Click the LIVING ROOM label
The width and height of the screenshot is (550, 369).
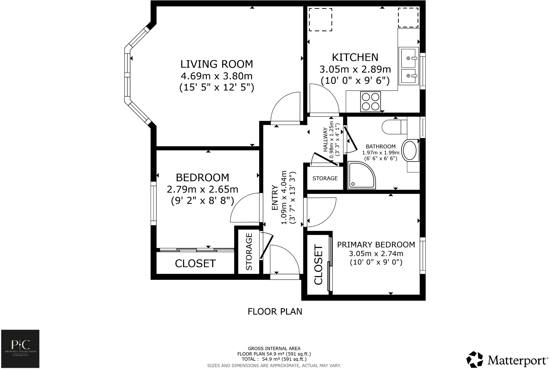[217, 64]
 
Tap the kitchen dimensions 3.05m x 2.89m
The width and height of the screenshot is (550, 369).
[355, 69]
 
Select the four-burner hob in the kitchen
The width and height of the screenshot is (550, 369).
[370, 102]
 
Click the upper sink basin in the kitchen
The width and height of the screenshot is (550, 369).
[408, 58]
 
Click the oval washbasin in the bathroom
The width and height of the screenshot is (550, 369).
[410, 150]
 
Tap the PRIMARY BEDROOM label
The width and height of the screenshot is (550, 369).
[376, 245]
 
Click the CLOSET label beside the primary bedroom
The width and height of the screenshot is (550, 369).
[318, 264]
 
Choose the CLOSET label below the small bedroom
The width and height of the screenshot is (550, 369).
[195, 263]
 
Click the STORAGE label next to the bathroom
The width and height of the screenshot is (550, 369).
[325, 178]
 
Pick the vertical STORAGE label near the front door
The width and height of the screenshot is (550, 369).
[249, 252]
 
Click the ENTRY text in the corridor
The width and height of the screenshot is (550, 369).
[275, 198]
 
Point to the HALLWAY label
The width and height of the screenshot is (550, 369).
[325, 139]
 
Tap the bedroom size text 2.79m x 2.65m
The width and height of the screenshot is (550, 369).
[202, 189]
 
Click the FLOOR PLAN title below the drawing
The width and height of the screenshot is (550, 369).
[275, 311]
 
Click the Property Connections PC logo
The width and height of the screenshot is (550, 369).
[20, 349]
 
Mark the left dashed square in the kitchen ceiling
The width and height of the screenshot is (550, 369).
[320, 19]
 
